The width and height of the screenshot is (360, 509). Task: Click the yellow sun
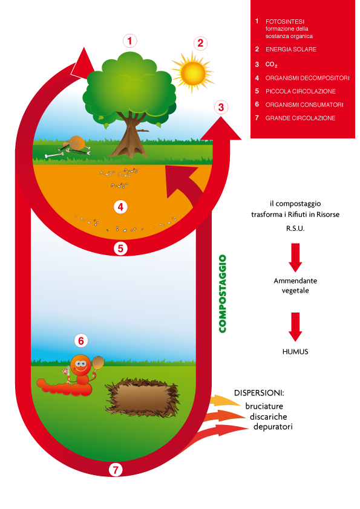pyautogui.click(x=192, y=73)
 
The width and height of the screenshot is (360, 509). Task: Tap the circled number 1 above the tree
pyautogui.click(x=129, y=41)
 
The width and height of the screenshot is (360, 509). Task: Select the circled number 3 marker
pyautogui.click(x=221, y=107)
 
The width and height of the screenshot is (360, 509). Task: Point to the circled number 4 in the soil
pyautogui.click(x=120, y=207)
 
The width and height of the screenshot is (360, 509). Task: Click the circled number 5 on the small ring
pyautogui.click(x=120, y=248)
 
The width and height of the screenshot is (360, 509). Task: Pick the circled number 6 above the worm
pyautogui.click(x=81, y=341)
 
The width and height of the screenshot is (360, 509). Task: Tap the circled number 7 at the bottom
pyautogui.click(x=116, y=469)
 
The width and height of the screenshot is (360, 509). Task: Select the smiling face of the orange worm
pyautogui.click(x=80, y=365)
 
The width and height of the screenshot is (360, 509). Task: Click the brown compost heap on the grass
pyautogui.click(x=142, y=397)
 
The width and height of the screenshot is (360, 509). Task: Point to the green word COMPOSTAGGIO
pyautogui.click(x=223, y=294)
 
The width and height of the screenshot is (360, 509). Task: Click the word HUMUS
pyautogui.click(x=295, y=352)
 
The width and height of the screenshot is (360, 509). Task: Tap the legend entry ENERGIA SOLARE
pyautogui.click(x=291, y=50)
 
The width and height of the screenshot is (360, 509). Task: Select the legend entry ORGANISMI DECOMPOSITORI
pyautogui.click(x=307, y=78)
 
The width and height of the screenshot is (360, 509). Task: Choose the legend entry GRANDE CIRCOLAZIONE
pyautogui.click(x=300, y=118)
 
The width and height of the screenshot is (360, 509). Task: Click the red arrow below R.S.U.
pyautogui.click(x=295, y=257)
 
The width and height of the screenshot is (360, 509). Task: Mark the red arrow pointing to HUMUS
pyautogui.click(x=295, y=326)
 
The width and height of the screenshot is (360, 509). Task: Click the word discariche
pyautogui.click(x=269, y=417)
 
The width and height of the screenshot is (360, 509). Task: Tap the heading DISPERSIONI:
pyautogui.click(x=259, y=393)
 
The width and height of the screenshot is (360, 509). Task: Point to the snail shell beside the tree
pyautogui.click(x=77, y=142)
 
